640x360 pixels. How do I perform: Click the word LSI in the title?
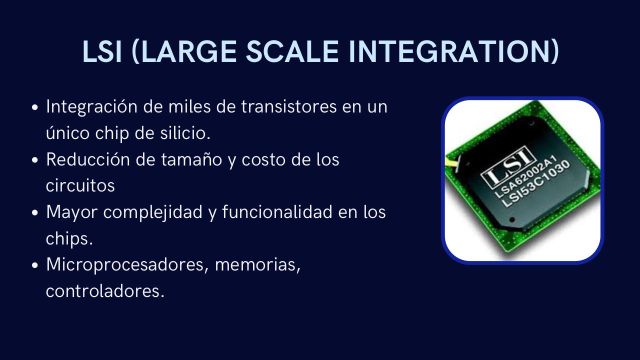pyautogui.click(x=102, y=51)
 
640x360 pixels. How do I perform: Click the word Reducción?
pyautogui.click(x=88, y=160)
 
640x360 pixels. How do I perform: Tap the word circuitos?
pyautogui.click(x=80, y=185)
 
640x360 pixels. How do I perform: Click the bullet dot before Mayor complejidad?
pyautogui.click(x=35, y=212)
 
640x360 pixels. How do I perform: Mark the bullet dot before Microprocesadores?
pyautogui.click(x=35, y=265)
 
